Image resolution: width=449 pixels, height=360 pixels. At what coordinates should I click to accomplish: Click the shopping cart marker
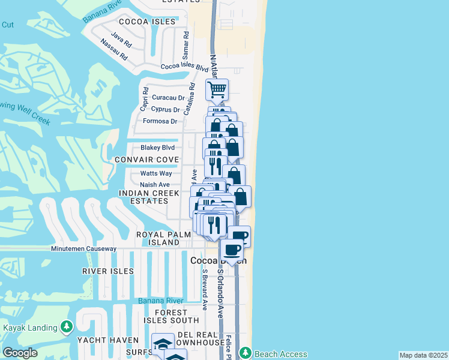tap(217, 90)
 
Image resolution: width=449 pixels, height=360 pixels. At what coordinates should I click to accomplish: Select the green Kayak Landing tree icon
tap(67, 327)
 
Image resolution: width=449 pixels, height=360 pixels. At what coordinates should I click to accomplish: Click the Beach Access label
tap(280, 354)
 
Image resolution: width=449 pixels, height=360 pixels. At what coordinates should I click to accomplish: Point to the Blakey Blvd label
tap(157, 147)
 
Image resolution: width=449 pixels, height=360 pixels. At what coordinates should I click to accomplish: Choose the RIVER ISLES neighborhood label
tap(108, 271)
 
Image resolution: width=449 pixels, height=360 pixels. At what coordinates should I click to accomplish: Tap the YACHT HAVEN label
tap(108, 340)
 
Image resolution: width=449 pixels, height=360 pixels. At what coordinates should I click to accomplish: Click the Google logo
tap(20, 353)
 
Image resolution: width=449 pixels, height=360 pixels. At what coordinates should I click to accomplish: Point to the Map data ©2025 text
tap(423, 355)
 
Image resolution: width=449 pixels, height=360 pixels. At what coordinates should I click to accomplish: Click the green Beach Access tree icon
tap(245, 354)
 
